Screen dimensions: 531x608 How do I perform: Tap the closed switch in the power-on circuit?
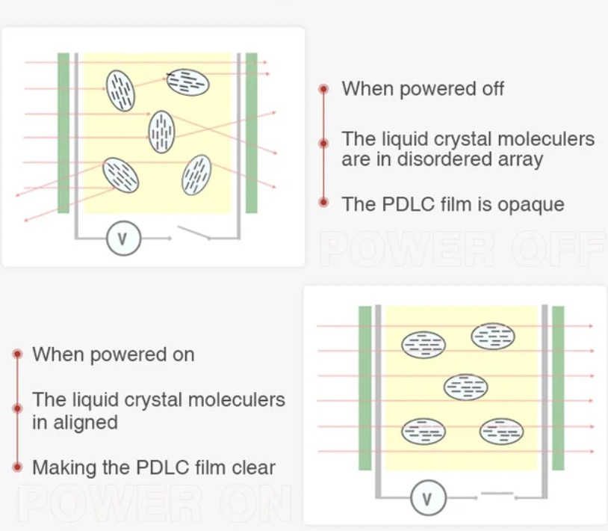pyautogui.click(x=497, y=494)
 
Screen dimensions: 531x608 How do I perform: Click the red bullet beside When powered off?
pyautogui.click(x=323, y=89)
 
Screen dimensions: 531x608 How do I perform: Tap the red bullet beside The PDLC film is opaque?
pyautogui.click(x=323, y=202)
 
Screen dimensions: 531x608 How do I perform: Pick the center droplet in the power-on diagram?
pyautogui.click(x=465, y=387)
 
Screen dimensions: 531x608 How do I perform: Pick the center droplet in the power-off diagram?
pyautogui.click(x=161, y=131)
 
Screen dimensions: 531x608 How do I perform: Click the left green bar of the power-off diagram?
pyautogui.click(x=63, y=132)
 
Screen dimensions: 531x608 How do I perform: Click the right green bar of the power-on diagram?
pyautogui.click(x=558, y=388)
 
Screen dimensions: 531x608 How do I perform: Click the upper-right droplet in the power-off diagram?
pyautogui.click(x=187, y=82)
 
